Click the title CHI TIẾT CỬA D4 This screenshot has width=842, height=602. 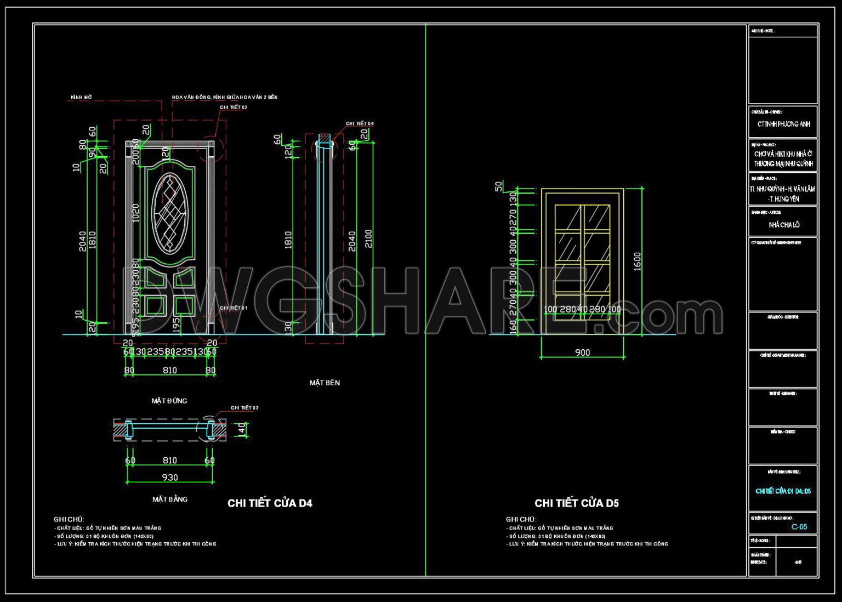click(x=270, y=503)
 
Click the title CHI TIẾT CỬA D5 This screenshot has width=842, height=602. click(x=577, y=503)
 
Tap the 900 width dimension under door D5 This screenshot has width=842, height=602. click(x=582, y=353)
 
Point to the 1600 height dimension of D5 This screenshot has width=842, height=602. click(x=637, y=262)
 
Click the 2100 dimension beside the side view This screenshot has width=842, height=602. click(x=368, y=238)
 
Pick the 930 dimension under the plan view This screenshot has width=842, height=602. click(x=170, y=478)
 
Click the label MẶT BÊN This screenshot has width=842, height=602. click(x=325, y=383)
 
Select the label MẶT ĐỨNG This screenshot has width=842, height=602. click(x=169, y=401)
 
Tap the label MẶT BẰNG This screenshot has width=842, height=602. click(x=170, y=499)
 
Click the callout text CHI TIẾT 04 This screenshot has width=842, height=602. click(x=360, y=124)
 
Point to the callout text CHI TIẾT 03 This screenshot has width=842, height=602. click(x=244, y=408)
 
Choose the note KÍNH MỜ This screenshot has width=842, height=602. click(x=81, y=98)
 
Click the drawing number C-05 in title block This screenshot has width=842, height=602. click(x=799, y=527)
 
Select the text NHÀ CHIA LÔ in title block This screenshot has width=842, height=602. click(x=784, y=225)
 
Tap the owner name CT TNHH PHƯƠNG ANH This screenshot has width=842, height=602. click(x=783, y=124)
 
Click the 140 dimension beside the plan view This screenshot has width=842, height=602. click(x=242, y=429)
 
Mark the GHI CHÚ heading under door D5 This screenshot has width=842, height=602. click(x=521, y=519)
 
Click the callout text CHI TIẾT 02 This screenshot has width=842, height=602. click(x=234, y=107)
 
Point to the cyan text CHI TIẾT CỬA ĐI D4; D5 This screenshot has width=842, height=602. click(x=783, y=491)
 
